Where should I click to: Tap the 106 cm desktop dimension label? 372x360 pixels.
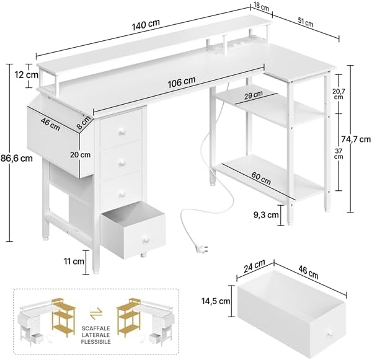(x=180, y=81)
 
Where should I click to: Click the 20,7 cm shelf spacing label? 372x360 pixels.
(x=338, y=97)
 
